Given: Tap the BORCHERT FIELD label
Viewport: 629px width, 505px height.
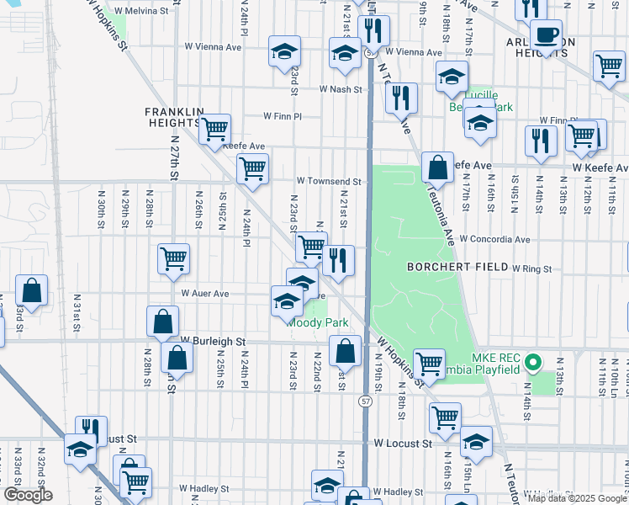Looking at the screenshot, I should tap(455, 267).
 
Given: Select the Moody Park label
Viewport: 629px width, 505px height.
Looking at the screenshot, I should tap(318, 322).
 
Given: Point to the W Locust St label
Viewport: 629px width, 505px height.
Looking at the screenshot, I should tap(403, 443).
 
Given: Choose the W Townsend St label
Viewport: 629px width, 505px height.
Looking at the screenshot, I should tap(329, 181).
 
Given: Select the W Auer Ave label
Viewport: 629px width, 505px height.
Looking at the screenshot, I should tap(205, 294).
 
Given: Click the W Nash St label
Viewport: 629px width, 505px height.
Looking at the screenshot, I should tap(340, 89).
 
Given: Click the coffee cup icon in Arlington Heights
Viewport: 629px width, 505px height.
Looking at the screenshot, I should tap(546, 35).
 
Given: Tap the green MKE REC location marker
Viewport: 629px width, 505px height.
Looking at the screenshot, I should tap(532, 364).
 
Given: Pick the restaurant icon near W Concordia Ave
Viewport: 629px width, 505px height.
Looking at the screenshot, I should tap(338, 261).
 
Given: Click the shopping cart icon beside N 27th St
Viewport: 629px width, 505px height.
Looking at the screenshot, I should tap(173, 259).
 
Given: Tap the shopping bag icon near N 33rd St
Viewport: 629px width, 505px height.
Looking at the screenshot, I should tap(31, 291).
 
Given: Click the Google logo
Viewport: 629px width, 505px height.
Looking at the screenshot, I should tap(28, 495).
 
